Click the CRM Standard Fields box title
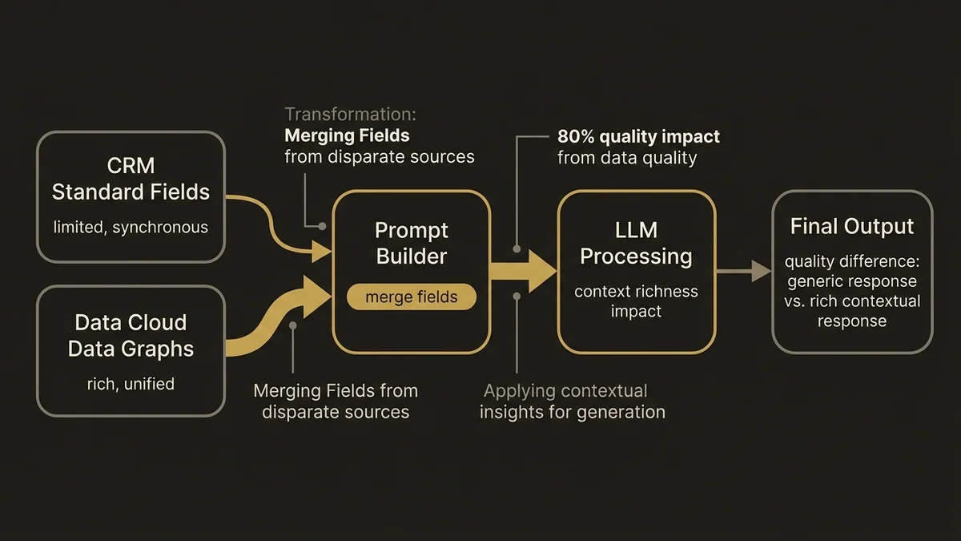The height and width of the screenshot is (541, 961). click(x=131, y=180)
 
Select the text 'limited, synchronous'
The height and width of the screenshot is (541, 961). click(x=131, y=228)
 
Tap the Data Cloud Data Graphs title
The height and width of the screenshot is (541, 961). click(x=131, y=335)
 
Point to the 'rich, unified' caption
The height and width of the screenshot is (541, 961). click(x=131, y=384)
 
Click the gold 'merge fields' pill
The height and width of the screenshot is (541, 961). click(x=412, y=297)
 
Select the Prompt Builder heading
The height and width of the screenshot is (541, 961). click(x=412, y=244)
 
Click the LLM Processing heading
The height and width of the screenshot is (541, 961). click(x=636, y=244)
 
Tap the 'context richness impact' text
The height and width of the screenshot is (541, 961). click(x=636, y=301)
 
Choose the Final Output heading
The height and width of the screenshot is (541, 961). click(x=852, y=227)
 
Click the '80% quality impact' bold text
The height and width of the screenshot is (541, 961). click(x=638, y=136)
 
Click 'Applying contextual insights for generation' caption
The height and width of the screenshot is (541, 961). click(x=572, y=402)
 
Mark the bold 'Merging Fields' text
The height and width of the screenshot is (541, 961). click(x=347, y=135)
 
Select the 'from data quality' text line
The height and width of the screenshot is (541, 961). click(x=627, y=158)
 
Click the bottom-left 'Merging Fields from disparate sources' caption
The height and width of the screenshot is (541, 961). click(x=336, y=402)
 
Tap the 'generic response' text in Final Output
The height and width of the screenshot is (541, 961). click(x=852, y=282)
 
